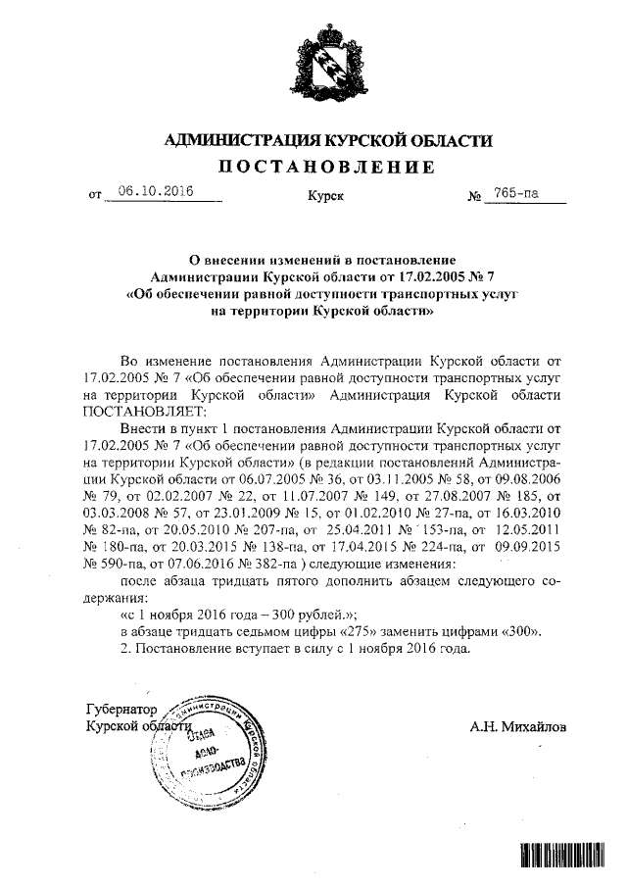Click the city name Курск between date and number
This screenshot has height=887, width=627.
(324, 197)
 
